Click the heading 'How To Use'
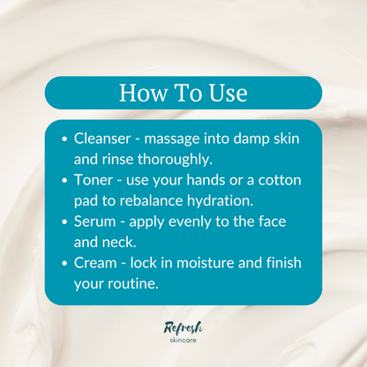click(183, 93)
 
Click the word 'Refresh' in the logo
click(183, 327)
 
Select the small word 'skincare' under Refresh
click(183, 341)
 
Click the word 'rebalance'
click(159, 200)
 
